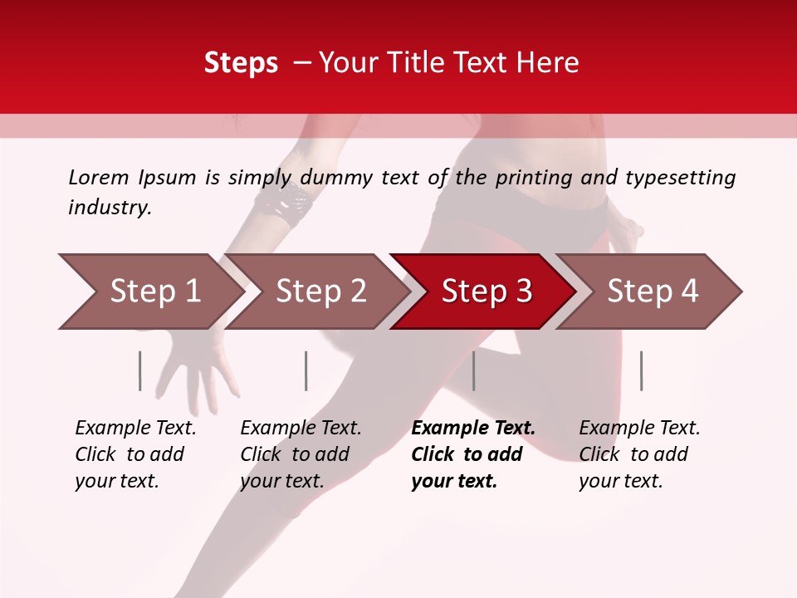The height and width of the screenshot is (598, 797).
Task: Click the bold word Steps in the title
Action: coord(241,63)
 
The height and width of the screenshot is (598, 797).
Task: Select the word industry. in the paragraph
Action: coord(110,208)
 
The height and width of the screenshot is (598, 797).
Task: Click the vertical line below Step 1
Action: coord(140,370)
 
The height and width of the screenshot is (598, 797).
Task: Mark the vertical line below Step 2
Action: coord(306,370)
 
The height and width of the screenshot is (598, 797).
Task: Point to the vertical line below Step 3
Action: coord(474,370)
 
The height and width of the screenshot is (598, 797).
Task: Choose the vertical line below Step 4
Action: coord(641,370)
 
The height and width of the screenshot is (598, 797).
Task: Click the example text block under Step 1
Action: coord(135,454)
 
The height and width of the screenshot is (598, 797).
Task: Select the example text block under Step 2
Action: coord(301,454)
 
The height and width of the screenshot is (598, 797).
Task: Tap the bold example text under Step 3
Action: coord(472,454)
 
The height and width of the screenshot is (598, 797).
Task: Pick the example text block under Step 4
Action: coord(639,454)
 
